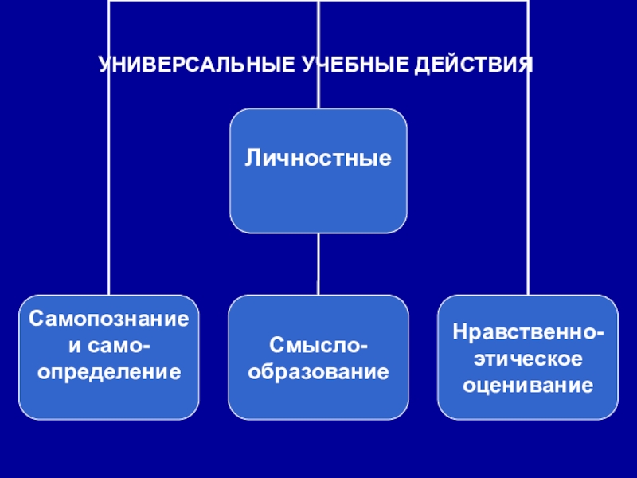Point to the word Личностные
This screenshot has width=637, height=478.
[318, 159]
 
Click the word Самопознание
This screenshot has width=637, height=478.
[108, 319]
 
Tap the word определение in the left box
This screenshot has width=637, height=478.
[108, 371]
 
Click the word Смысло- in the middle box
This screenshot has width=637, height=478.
[318, 345]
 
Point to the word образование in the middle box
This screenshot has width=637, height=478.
[318, 371]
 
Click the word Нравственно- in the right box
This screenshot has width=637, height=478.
[528, 331]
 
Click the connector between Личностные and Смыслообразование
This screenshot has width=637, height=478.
[318, 264]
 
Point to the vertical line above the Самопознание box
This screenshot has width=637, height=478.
[109, 199]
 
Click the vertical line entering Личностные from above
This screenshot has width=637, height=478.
[318, 32]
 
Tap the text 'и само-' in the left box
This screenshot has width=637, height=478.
[108, 345]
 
